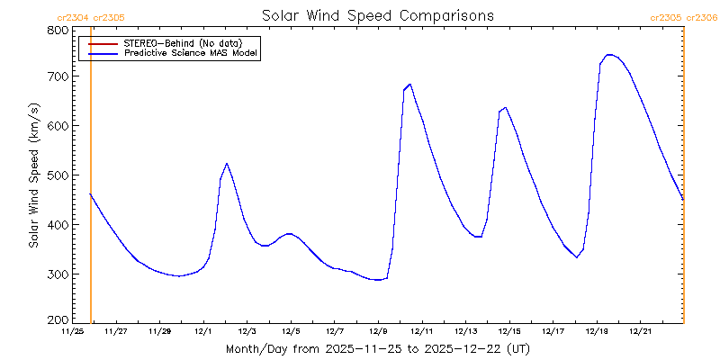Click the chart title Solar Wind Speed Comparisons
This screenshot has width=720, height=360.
[377, 15]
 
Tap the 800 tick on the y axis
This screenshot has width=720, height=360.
[58, 30]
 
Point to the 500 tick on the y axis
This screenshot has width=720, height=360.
[58, 175]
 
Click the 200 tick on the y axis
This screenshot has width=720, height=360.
[58, 319]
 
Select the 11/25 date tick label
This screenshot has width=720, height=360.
[72, 331]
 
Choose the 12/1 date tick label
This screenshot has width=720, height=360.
[203, 331]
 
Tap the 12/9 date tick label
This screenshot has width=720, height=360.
[379, 331]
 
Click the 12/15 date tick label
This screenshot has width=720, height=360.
[510, 331]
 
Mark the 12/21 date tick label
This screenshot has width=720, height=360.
[642, 331]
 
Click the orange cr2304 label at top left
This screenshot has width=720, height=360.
[72, 17]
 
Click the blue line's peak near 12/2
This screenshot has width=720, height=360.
[227, 164]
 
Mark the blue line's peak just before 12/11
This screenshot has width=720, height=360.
[410, 85]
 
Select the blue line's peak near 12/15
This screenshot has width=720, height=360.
[506, 108]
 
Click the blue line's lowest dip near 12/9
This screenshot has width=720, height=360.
[378, 280]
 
